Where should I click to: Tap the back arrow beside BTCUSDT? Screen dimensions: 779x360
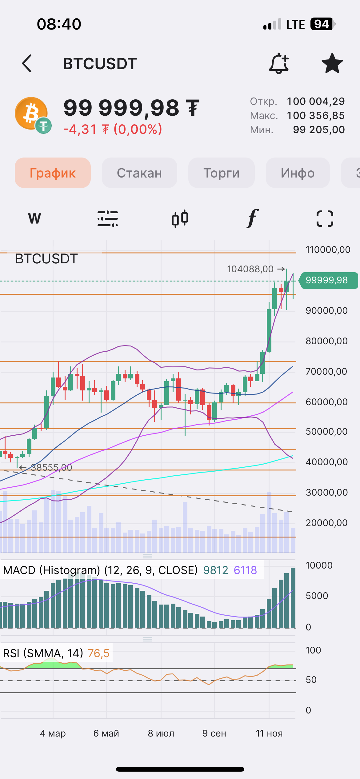click(x=27, y=63)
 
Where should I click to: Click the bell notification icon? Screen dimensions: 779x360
click(x=279, y=63)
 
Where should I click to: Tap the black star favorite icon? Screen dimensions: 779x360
click(x=332, y=63)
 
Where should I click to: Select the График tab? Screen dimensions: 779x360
click(x=53, y=173)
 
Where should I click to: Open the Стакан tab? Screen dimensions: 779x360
click(x=139, y=173)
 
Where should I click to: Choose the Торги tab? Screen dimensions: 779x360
click(x=221, y=173)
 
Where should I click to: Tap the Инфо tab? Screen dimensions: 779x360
click(x=298, y=173)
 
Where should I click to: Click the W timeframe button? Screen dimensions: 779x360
click(x=34, y=219)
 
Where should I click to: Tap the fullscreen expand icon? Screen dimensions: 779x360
click(x=325, y=219)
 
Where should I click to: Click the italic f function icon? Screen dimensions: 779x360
click(x=252, y=219)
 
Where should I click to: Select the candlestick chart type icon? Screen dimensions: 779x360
click(x=180, y=219)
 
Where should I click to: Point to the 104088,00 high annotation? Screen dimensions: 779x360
click(x=250, y=269)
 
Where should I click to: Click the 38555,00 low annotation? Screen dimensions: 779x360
click(x=51, y=468)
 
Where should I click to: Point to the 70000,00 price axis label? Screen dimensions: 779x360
click(x=326, y=371)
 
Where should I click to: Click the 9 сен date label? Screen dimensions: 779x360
click(x=214, y=733)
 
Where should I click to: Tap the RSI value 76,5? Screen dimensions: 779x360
click(x=98, y=653)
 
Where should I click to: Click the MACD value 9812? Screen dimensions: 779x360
click(x=216, y=570)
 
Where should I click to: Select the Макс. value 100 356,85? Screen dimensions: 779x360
click(x=316, y=116)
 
